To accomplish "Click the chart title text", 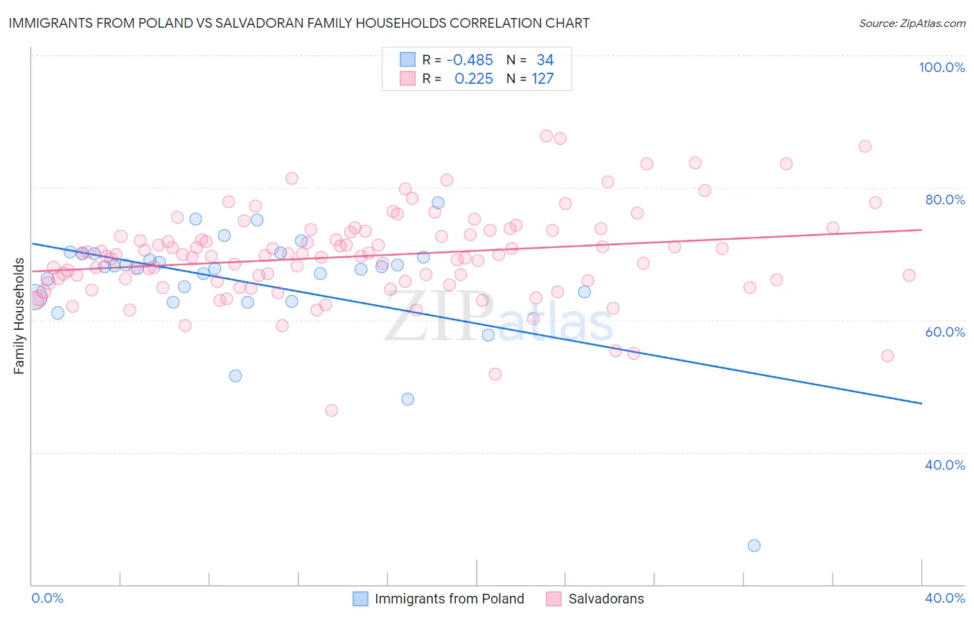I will click(299, 23).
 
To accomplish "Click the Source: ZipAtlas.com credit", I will click(912, 23).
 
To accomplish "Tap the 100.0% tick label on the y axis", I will click(941, 67).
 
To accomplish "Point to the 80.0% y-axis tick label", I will click(945, 200).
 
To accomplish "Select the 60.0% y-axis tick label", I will click(945, 332).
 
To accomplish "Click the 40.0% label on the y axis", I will click(945, 465).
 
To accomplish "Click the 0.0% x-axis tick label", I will click(47, 598).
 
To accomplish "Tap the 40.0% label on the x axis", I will click(945, 598).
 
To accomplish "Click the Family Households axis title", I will click(19, 316).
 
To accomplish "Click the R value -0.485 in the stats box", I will click(470, 60).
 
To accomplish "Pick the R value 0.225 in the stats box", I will click(474, 79).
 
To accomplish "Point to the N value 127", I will click(542, 79).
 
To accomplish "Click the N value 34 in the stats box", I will click(545, 60).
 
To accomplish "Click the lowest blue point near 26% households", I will click(754, 545).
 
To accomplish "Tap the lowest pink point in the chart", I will click(331, 410).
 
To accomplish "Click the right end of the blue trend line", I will click(921, 403).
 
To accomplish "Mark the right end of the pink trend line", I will click(921, 229).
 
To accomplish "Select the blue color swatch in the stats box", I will click(407, 60).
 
